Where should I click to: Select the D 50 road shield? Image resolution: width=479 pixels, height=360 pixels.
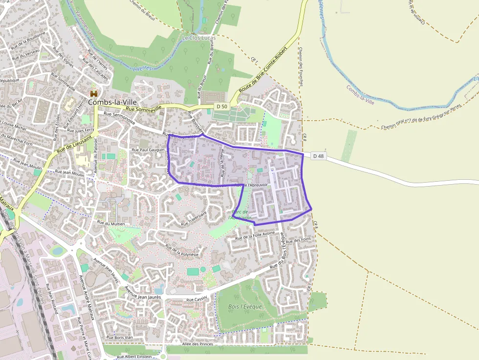click(222, 106)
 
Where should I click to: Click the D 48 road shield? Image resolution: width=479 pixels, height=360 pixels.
click(318, 156)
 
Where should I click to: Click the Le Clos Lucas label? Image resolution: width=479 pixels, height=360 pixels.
click(198, 38)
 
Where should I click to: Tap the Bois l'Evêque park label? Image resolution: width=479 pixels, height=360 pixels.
click(245, 307)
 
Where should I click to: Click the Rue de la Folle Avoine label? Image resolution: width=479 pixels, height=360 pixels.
click(255, 235)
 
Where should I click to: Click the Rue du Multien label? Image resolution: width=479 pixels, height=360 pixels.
click(111, 223)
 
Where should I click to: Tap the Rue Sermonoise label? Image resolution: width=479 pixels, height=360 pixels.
click(116, 118)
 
